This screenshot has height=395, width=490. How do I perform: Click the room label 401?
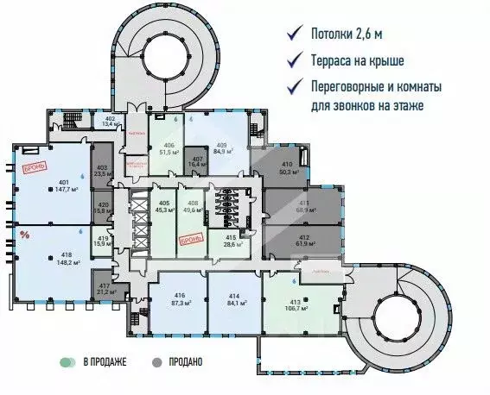pos(62,182)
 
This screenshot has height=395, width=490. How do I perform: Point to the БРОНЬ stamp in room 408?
pos(190,237)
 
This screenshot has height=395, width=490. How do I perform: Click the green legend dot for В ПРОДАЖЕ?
pos(64,362)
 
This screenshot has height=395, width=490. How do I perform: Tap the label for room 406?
pos(169,145)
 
